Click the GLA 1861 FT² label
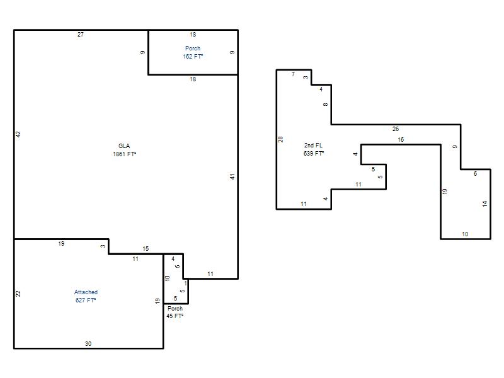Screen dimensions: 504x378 [x=124, y=150]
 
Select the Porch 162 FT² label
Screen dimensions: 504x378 [x=193, y=52]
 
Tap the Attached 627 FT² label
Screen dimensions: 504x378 [x=86, y=296]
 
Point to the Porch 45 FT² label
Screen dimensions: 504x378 [x=175, y=312]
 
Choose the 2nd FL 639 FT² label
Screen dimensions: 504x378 [x=313, y=149]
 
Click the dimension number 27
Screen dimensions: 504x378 [x=81, y=35]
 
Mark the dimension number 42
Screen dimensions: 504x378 [x=18, y=134]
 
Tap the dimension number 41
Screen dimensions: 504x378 [x=232, y=176]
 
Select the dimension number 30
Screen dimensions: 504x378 [x=88, y=343]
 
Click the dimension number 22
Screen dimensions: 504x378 [x=18, y=294]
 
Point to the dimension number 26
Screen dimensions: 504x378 [x=396, y=129]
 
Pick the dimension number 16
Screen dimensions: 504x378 [x=401, y=139]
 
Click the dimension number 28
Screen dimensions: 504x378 [x=280, y=139]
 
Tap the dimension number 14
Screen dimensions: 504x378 [x=484, y=203]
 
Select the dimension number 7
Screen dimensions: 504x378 [x=293, y=74]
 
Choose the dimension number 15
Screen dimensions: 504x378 [x=146, y=248]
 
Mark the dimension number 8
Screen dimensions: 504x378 [x=325, y=105]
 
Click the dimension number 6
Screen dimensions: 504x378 [x=476, y=174]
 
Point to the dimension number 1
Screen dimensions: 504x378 [x=185, y=283]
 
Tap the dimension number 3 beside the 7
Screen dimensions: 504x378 [x=306, y=77]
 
